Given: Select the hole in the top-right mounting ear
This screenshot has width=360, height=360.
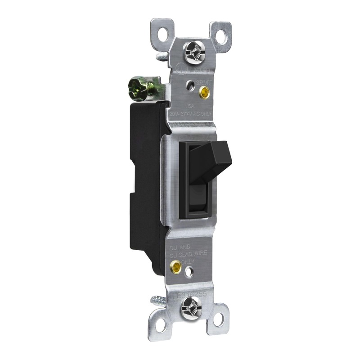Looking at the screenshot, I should (221, 36).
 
